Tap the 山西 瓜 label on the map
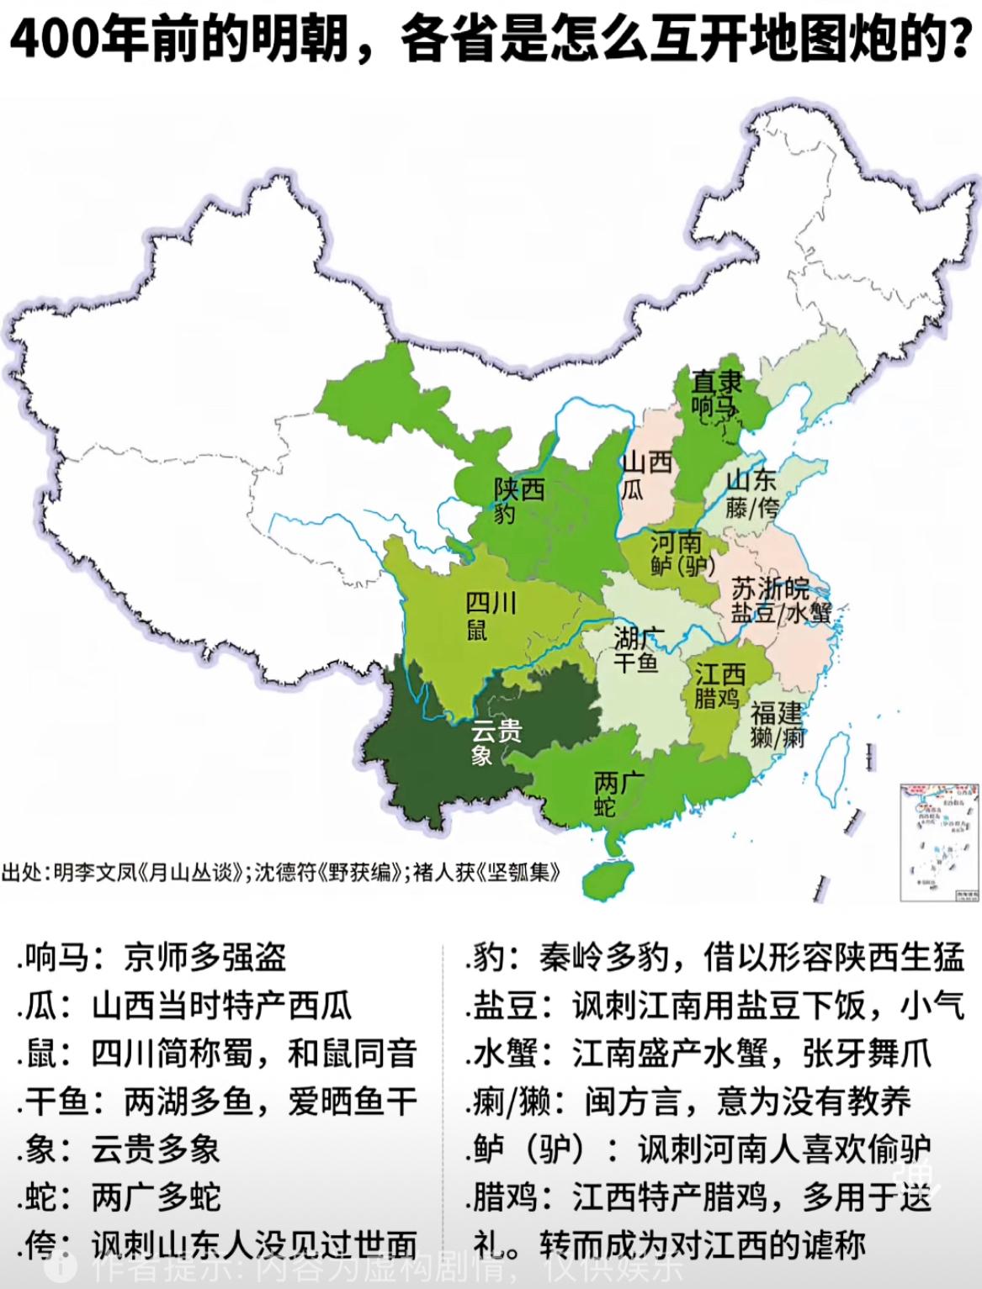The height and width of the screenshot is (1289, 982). (645, 474)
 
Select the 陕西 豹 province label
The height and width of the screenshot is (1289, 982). (518, 500)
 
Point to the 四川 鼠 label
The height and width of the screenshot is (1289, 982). (491, 615)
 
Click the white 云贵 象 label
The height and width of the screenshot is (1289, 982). (496, 742)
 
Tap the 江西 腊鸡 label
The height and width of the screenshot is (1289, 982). (719, 685)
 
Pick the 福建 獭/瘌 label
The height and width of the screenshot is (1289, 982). (778, 726)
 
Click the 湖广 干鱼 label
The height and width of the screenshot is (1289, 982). (639, 650)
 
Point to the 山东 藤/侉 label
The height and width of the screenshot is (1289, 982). (751, 493)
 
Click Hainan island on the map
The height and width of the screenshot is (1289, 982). (609, 877)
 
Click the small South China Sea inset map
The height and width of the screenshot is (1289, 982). (940, 842)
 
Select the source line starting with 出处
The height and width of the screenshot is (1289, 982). (281, 871)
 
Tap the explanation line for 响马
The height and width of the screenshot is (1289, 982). (151, 957)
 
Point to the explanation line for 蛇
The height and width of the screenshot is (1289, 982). (118, 1196)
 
